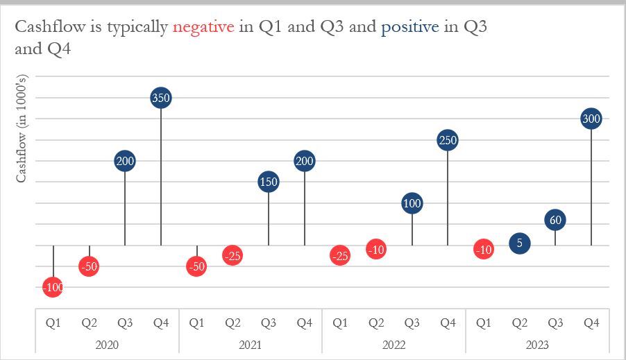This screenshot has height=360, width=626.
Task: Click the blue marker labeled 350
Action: [x=161, y=98]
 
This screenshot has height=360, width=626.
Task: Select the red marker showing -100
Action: [x=53, y=286]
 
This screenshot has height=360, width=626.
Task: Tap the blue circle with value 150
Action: [x=269, y=182]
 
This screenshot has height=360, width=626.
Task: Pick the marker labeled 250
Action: [x=448, y=140]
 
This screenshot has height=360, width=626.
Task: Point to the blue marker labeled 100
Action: [x=412, y=203]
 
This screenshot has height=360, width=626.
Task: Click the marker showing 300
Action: [x=591, y=119]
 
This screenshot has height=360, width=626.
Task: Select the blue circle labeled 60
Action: [x=555, y=220]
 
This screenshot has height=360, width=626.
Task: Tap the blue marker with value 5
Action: [x=519, y=243]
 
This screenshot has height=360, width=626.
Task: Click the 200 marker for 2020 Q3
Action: [x=125, y=161]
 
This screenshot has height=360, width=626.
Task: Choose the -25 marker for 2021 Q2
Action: [x=232, y=255]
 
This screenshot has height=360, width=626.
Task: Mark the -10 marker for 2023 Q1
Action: [x=484, y=249]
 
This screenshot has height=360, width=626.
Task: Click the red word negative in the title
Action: [x=203, y=27]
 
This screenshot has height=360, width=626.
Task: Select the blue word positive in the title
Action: [x=409, y=27]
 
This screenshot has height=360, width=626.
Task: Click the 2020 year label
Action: [x=107, y=345]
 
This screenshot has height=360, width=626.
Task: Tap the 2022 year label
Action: [x=394, y=345]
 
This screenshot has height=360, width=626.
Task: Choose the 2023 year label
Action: [x=537, y=345]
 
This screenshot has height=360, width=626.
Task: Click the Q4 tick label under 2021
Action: [x=304, y=323]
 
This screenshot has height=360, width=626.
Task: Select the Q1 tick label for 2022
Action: [x=340, y=323]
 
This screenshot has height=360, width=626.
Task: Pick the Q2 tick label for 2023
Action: [x=519, y=323]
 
